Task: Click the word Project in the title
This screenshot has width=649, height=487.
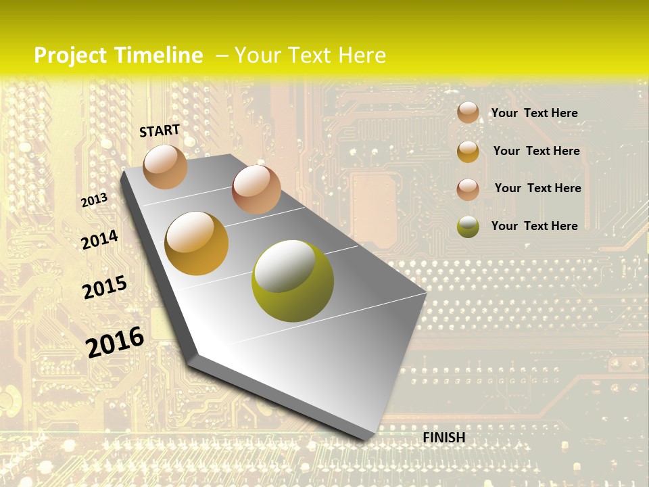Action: [70, 55]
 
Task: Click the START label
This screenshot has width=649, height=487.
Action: [160, 131]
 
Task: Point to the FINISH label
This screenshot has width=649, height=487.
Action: [443, 438]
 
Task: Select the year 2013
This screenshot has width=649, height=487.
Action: [94, 200]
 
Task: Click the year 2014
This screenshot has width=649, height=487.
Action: [99, 239]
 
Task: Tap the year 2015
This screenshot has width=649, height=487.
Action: [104, 287]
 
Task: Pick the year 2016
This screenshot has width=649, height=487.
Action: [115, 342]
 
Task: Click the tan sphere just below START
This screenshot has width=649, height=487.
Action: [165, 166]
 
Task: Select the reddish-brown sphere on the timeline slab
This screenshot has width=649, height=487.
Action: [256, 189]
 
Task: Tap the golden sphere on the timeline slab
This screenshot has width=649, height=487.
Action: [196, 243]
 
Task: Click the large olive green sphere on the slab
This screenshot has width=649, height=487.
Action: [293, 281]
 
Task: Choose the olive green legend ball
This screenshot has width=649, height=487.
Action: [468, 227]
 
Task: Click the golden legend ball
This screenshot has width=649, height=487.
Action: [468, 152]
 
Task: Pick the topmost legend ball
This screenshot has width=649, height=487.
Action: [468, 112]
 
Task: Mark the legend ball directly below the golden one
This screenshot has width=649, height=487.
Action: [468, 189]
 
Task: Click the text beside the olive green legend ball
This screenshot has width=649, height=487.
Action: [534, 226]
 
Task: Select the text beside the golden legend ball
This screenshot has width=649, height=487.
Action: [536, 151]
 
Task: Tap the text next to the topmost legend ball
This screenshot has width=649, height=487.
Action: [534, 113]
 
